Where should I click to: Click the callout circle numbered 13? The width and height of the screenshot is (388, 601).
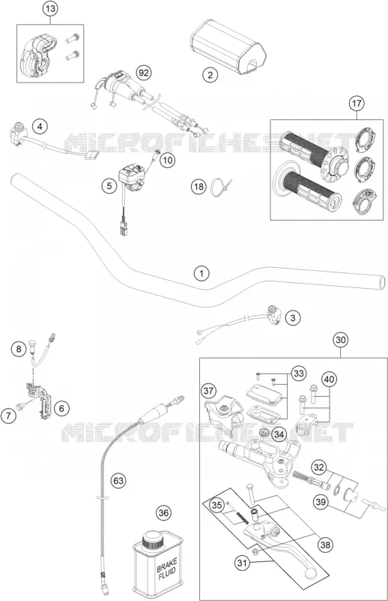50,9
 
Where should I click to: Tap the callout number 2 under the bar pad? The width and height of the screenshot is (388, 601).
210,74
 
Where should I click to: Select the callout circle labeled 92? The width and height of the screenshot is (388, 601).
144,73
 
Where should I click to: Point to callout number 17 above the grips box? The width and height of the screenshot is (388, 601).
357,103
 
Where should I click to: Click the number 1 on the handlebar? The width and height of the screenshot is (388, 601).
201,274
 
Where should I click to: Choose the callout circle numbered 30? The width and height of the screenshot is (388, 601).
341,340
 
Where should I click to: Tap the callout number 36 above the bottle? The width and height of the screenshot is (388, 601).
163,513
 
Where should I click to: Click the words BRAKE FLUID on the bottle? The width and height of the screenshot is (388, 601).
167,569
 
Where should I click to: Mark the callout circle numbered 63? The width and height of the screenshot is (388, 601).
118,480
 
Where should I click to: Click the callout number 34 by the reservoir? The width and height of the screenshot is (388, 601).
279,434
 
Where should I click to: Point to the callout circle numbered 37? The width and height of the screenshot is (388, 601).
208,391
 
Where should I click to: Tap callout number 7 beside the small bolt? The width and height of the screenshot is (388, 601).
8,416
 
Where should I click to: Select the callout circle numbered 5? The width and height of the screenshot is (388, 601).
109,186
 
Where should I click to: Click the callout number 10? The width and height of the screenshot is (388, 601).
167,160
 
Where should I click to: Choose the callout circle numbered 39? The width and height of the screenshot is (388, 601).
321,501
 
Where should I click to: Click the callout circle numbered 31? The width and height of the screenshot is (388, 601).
241,563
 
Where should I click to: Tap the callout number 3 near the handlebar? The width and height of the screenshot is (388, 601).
293,317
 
